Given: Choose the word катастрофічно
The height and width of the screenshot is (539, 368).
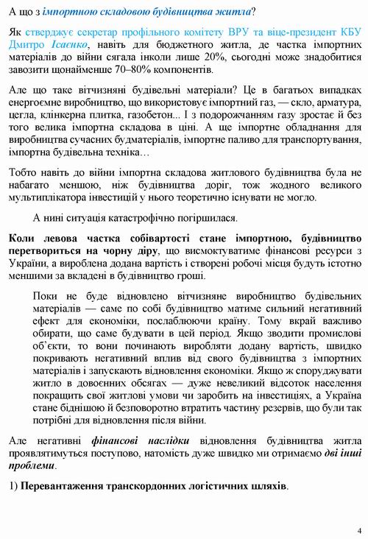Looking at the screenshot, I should [152, 219].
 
